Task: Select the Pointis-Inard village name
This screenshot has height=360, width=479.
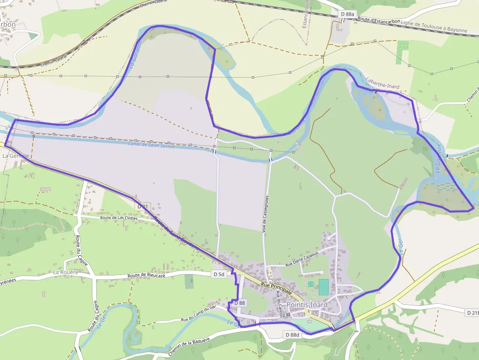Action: pyautogui.click(x=307, y=304)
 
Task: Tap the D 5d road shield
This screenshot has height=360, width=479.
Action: pyautogui.click(x=219, y=275)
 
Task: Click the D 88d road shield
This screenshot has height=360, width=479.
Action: pyautogui.click(x=292, y=335)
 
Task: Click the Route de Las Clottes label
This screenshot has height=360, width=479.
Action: pyautogui.click(x=119, y=218)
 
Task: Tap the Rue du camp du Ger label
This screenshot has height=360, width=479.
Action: pyautogui.click(x=198, y=314)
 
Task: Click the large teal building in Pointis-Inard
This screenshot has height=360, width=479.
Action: pyautogui.click(x=324, y=287)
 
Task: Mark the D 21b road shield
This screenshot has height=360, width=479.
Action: pyautogui.click(x=472, y=312)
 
